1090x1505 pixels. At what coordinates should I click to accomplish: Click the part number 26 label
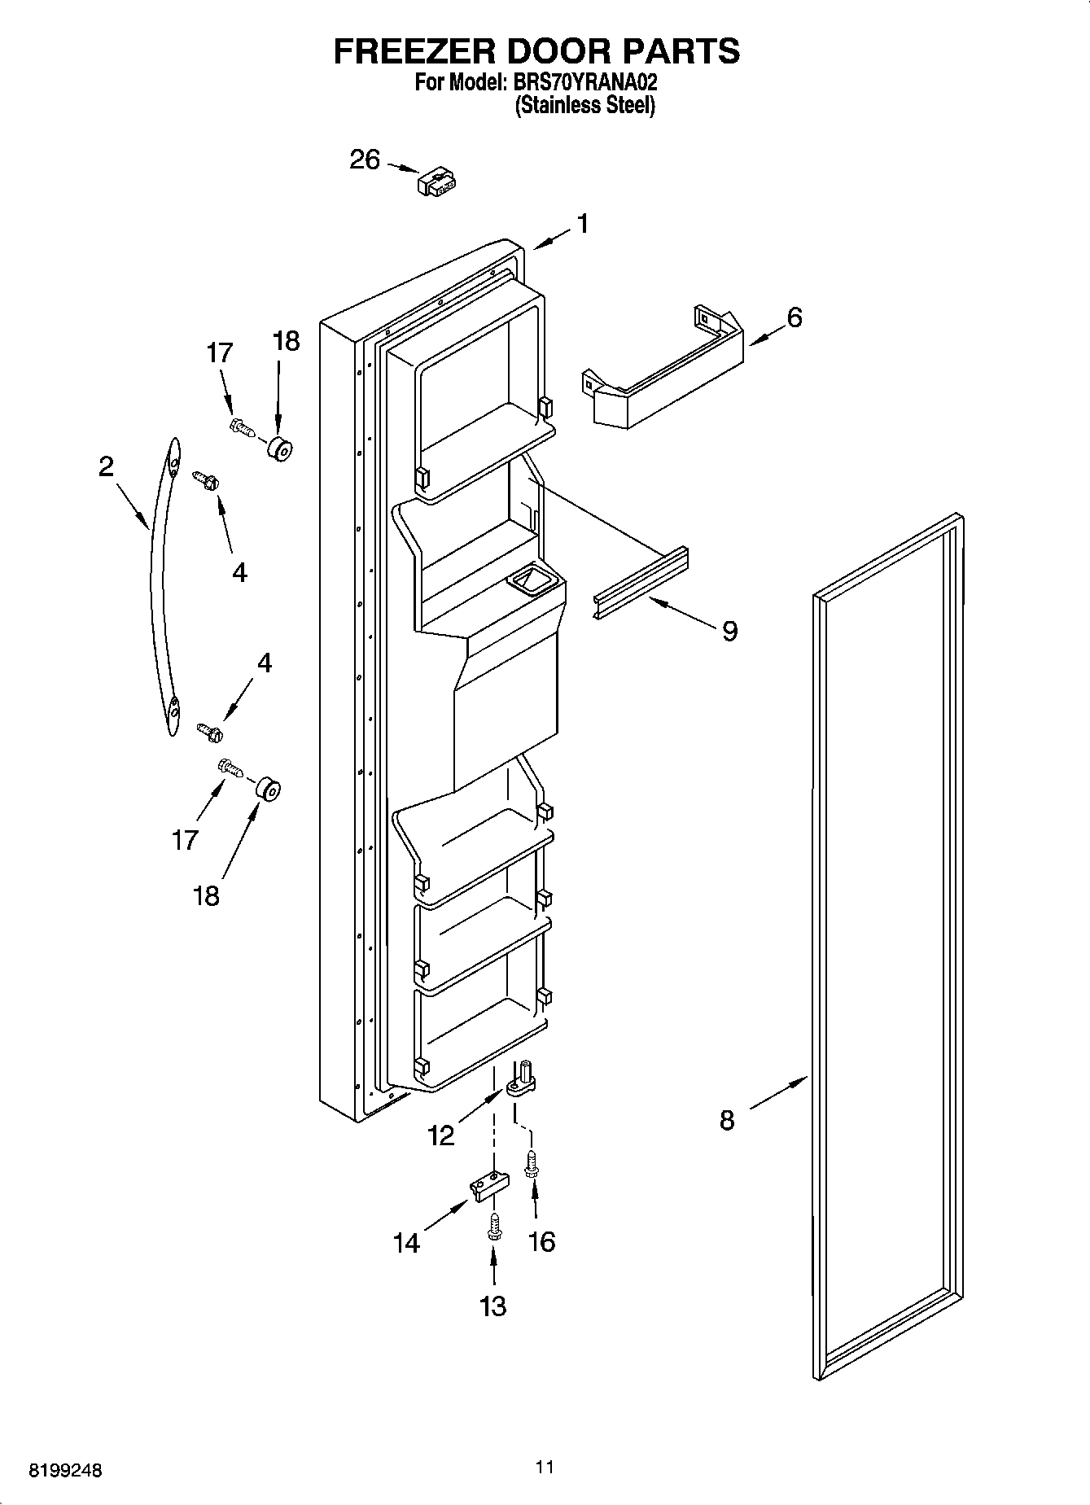coord(365,160)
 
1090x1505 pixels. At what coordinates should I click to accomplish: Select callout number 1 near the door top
coord(583,224)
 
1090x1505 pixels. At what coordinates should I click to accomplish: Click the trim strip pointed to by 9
coord(640,583)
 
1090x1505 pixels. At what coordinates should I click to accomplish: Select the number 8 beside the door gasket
coord(727,1120)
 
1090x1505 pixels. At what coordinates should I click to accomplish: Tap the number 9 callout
coord(729,631)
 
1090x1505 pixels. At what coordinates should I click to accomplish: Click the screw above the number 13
coord(493,1227)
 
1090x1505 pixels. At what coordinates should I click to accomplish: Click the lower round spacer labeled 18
coord(267,790)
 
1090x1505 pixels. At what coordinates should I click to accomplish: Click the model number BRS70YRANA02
coord(584,83)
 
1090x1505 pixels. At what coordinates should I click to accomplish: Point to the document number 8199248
coord(65,1471)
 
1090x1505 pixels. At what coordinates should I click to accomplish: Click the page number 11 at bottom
coord(545,1468)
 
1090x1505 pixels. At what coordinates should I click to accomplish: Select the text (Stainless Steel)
coord(584,106)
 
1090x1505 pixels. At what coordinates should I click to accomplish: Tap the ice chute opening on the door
coord(529,580)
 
